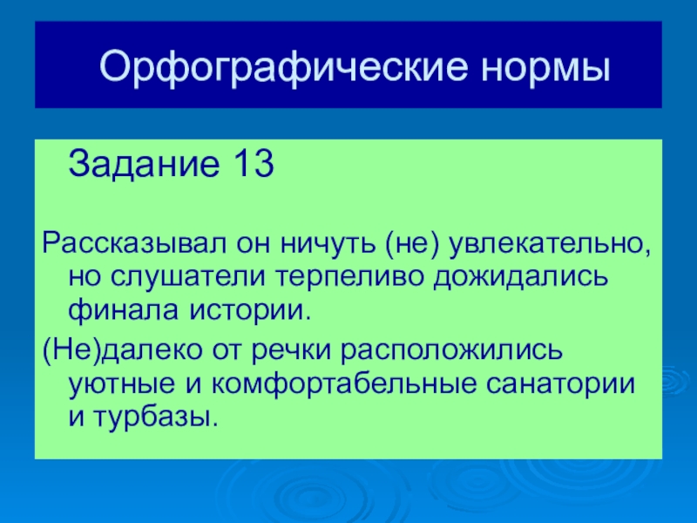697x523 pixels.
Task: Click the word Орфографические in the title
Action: point(284,67)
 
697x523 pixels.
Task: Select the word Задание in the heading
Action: point(145,164)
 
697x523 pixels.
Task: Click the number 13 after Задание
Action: point(252,164)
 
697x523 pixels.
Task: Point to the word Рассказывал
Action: point(135,244)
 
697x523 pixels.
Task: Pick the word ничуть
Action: point(328,244)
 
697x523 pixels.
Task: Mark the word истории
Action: point(249,311)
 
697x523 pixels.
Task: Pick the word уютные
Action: point(121,385)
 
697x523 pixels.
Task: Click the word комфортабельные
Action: point(342,385)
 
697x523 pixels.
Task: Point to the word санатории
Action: point(560,385)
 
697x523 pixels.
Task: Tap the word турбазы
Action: point(156,417)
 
